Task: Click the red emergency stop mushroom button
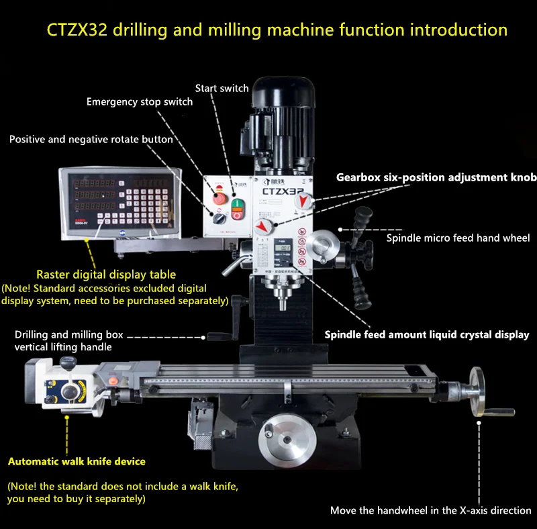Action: (x=219, y=197)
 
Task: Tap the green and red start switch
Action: (x=237, y=209)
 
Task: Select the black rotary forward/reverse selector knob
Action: (x=219, y=218)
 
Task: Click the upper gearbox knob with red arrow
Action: (x=303, y=201)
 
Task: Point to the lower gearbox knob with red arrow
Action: (x=264, y=226)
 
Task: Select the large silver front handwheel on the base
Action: (x=287, y=440)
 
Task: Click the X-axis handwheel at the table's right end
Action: (x=477, y=391)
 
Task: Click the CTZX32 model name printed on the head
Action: (x=283, y=191)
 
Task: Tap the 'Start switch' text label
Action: (x=222, y=89)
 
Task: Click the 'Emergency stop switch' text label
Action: (x=140, y=102)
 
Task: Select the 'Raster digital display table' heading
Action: (x=106, y=275)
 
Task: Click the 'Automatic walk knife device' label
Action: (x=77, y=461)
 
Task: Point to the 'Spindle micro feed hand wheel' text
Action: (x=458, y=238)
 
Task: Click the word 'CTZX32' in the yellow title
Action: (x=77, y=30)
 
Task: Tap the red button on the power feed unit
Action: (x=113, y=381)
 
